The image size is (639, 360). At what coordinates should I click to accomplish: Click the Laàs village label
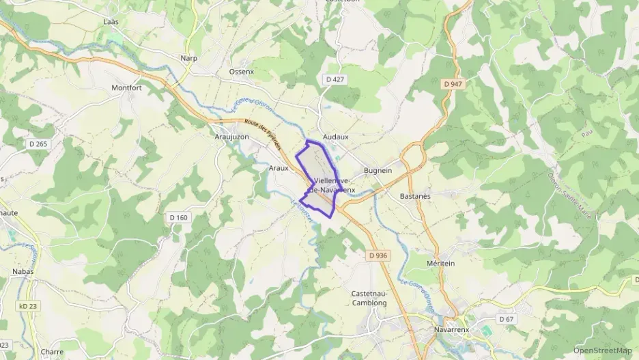point(111,22)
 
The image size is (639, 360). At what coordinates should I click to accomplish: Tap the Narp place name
point(188,58)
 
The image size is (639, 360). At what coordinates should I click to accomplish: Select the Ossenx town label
point(241,71)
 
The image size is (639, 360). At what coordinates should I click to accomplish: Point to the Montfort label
point(126,88)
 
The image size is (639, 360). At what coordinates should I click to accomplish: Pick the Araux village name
point(279,167)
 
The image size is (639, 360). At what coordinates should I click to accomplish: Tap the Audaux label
point(335,137)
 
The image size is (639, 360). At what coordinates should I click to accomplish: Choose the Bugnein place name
point(378,171)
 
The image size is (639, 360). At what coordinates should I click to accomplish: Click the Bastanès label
point(415,196)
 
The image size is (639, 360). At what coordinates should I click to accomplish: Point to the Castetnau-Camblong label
point(369,298)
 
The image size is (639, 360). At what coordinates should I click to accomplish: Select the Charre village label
point(52,352)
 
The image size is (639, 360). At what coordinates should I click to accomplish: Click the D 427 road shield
point(335,80)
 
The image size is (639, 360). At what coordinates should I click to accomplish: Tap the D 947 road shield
point(453,84)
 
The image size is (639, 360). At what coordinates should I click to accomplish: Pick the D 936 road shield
point(378,255)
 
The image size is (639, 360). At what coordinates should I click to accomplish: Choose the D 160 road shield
point(177,217)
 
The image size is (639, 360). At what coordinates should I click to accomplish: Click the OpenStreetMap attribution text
point(602,350)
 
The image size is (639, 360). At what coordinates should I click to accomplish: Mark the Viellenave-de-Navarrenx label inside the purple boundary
point(326,184)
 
